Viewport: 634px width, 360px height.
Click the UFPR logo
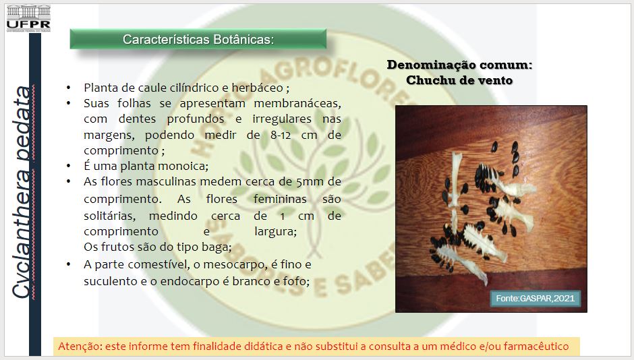pyautogui.click(x=28, y=18)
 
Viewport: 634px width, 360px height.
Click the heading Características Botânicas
pyautogui.click(x=198, y=39)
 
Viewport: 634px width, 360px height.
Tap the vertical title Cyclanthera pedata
pyautogui.click(x=21, y=192)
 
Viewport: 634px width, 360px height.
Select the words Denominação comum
pyautogui.click(x=459, y=65)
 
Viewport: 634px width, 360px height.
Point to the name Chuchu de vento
pyautogui.click(x=459, y=80)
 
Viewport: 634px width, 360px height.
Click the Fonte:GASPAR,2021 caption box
pyautogui.click(x=535, y=299)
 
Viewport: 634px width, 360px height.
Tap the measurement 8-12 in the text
pyautogui.click(x=281, y=135)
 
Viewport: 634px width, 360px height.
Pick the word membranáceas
pyautogui.click(x=297, y=103)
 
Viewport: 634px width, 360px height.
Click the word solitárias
pyautogui.click(x=109, y=216)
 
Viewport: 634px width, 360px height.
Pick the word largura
pyautogui.click(x=275, y=231)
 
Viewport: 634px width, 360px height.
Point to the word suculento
pyautogui.click(x=111, y=281)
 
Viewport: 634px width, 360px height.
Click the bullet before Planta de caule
pyautogui.click(x=69, y=88)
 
